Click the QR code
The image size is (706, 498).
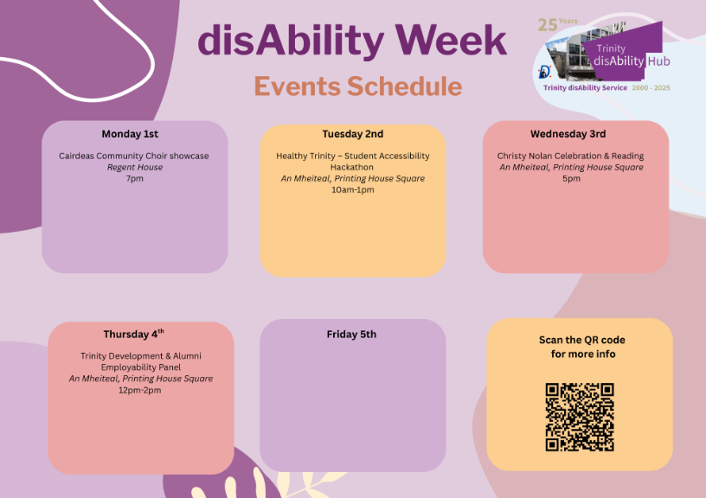(x=580, y=417)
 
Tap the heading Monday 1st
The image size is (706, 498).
(x=130, y=134)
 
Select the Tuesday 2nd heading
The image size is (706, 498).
(x=352, y=134)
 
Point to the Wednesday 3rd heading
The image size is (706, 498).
(x=568, y=134)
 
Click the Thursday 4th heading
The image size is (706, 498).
(x=134, y=334)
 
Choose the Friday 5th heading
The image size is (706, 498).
(x=351, y=335)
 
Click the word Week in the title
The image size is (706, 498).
(x=451, y=40)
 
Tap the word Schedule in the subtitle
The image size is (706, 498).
(x=404, y=86)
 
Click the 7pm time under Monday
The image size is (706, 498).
(x=135, y=179)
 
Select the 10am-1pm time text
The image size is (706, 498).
(x=352, y=190)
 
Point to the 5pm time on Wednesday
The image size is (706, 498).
(x=571, y=179)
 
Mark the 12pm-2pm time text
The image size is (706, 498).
(x=139, y=390)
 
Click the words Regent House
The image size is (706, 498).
(x=135, y=168)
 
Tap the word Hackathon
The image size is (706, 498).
(x=351, y=168)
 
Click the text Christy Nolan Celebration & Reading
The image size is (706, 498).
(x=570, y=156)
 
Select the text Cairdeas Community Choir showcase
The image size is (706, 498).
(x=134, y=156)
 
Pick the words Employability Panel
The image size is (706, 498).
(x=141, y=367)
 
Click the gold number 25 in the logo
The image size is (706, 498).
(x=547, y=25)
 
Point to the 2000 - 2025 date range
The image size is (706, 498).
(x=651, y=87)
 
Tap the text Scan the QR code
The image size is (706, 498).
(x=581, y=340)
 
